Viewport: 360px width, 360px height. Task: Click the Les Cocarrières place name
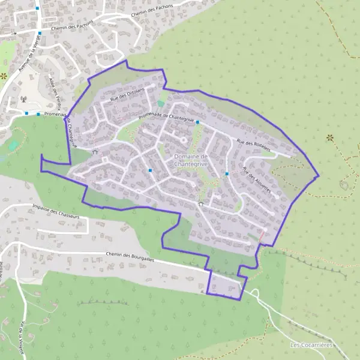pyautogui.click(x=311, y=344)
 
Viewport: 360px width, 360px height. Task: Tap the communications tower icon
pyautogui.click(x=23, y=100)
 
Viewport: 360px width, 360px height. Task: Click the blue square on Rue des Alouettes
pyautogui.click(x=227, y=174)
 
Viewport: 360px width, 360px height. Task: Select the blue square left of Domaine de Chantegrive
pyautogui.click(x=149, y=170)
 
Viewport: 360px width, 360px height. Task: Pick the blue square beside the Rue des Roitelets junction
pyautogui.click(x=197, y=122)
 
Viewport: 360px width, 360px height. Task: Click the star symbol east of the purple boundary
pyautogui.click(x=329, y=138)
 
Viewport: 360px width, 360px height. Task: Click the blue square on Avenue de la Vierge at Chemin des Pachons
pyautogui.click(x=40, y=34)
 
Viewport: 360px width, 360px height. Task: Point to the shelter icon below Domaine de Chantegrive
pyautogui.click(x=200, y=204)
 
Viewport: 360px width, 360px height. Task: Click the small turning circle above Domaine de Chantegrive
pyautogui.click(x=184, y=140)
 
